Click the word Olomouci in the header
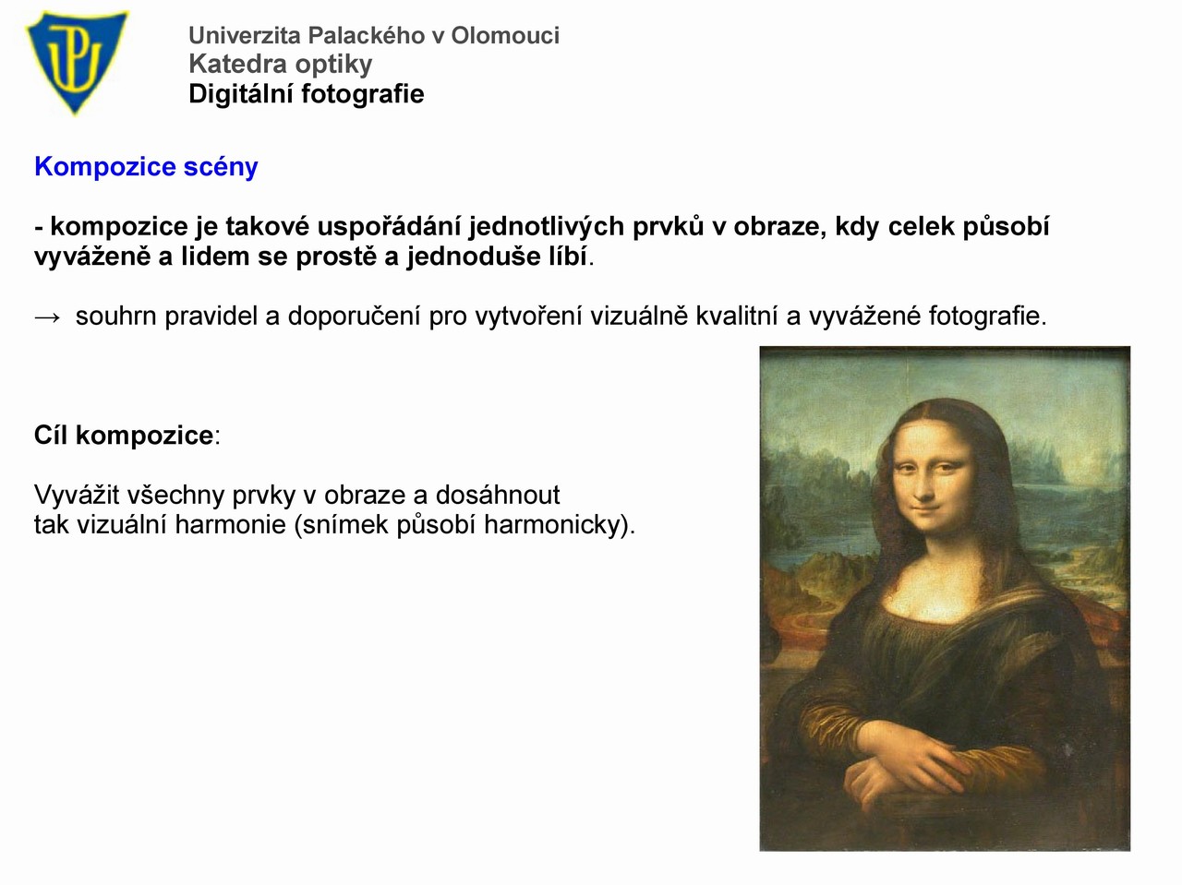(505, 35)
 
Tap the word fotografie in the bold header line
(362, 93)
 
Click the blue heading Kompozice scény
(146, 166)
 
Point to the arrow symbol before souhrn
(47, 317)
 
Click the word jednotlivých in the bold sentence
(546, 226)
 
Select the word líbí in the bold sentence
(568, 256)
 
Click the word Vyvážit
(77, 496)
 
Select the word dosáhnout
(498, 495)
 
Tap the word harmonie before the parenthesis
(231, 524)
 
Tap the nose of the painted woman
(924, 484)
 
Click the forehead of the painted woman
(929, 438)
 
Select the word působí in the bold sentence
(1006, 226)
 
